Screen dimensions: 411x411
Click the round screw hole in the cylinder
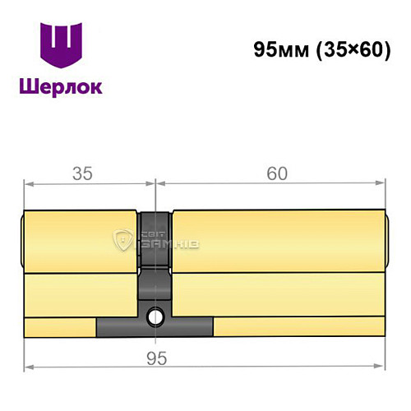(x=155, y=316)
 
